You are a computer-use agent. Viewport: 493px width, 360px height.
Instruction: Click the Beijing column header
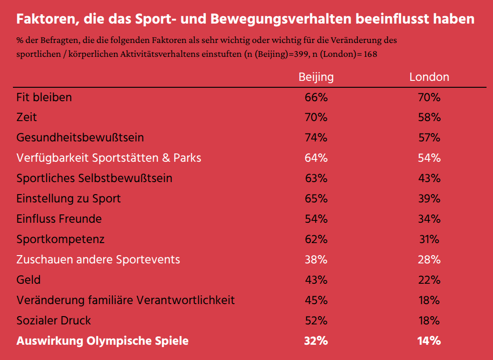(x=316, y=77)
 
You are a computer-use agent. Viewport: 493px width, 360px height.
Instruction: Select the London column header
(x=429, y=77)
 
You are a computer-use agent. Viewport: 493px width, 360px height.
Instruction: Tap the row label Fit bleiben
(x=44, y=98)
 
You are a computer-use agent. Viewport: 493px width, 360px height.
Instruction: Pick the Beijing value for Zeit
(x=316, y=117)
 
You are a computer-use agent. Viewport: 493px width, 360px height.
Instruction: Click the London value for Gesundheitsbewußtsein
(x=429, y=138)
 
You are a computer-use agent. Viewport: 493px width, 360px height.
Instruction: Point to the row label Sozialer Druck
(x=54, y=321)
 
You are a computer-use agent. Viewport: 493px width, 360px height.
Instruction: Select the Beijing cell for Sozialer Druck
(x=316, y=321)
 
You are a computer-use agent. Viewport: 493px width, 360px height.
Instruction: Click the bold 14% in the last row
(x=429, y=341)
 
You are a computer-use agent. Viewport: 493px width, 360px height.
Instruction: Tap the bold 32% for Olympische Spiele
(x=316, y=341)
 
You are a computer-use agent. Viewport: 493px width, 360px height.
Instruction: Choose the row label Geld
(x=29, y=280)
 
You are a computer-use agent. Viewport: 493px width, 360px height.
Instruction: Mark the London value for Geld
(x=429, y=280)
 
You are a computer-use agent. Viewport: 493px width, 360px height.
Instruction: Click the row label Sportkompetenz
(x=61, y=239)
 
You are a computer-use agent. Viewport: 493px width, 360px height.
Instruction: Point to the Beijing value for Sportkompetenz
(x=316, y=239)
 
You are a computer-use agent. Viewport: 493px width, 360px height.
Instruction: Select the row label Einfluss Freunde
(x=59, y=219)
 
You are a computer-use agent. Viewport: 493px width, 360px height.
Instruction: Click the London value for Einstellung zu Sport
(x=429, y=199)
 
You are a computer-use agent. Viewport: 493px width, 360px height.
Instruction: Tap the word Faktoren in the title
(x=43, y=19)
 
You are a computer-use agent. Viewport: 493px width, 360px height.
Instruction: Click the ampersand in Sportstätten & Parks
(x=166, y=158)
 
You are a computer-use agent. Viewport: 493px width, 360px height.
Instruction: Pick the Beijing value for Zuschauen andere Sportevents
(x=316, y=260)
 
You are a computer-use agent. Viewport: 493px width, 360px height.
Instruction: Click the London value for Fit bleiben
(x=429, y=98)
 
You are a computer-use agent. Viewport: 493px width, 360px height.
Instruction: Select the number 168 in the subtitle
(x=370, y=54)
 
